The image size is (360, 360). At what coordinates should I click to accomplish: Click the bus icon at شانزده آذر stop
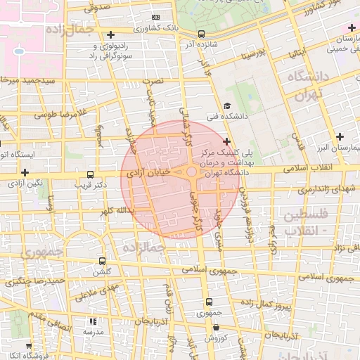[202, 34]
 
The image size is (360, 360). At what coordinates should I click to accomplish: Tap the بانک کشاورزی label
[155, 29]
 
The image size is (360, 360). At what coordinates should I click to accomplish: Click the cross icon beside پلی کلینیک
[226, 142]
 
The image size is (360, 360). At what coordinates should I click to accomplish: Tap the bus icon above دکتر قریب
[89, 174]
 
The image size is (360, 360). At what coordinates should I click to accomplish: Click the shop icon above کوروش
[216, 328]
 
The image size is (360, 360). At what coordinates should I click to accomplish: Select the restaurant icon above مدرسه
[93, 321]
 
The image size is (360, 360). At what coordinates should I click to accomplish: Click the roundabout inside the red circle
[192, 172]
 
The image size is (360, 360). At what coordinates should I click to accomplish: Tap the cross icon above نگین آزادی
[25, 172]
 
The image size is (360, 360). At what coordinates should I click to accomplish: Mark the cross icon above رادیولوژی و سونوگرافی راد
[110, 34]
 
